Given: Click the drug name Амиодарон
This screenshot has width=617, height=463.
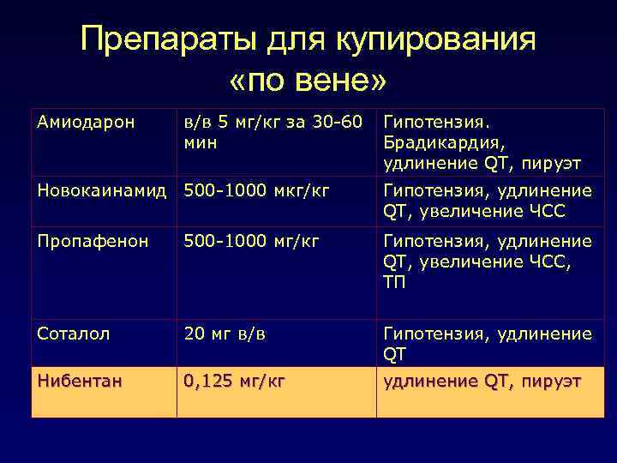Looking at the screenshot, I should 86,122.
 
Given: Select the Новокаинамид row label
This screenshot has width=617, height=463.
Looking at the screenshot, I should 102,190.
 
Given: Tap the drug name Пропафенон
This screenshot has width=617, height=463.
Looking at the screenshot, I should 87,242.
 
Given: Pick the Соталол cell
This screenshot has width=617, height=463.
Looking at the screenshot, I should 74,334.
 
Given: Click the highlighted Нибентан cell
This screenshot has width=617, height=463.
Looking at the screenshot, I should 80,380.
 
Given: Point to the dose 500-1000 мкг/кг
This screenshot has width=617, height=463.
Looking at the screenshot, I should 257,190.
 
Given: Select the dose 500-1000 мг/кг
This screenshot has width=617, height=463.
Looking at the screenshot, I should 252,242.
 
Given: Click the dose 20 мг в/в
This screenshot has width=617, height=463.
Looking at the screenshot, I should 225,334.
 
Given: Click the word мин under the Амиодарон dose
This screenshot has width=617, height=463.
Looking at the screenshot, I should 201,141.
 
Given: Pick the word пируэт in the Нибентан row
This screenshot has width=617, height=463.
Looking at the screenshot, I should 549,380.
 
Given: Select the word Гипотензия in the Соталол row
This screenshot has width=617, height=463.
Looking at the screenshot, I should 434,334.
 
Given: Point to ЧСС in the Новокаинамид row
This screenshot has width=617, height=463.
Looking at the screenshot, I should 548,210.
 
